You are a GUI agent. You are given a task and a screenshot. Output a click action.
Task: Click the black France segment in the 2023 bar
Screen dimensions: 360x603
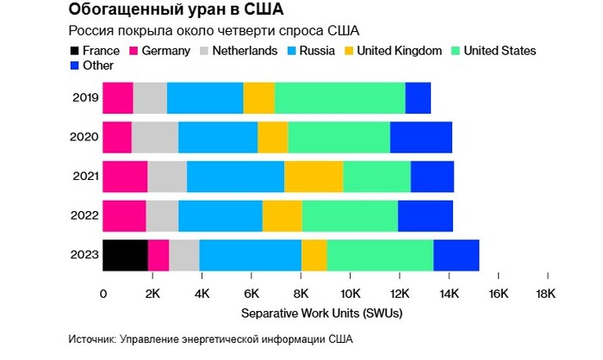pos(125,255)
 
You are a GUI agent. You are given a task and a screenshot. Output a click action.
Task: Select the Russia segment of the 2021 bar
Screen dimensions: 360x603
pos(235,177)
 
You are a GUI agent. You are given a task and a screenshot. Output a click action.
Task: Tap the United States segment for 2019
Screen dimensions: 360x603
pos(339,98)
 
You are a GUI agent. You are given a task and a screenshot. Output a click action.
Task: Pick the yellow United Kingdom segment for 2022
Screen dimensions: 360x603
pos(282,216)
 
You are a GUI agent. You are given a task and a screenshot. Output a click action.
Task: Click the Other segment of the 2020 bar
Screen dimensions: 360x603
pos(420,138)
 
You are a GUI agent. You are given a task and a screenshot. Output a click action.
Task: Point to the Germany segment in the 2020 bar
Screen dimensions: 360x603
pos(117,138)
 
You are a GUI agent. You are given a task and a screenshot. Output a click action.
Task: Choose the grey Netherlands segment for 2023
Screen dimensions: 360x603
pos(183,255)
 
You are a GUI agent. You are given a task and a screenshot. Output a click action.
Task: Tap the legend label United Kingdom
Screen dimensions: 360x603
pos(399,51)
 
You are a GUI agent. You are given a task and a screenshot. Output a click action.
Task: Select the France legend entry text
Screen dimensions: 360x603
pos(101,51)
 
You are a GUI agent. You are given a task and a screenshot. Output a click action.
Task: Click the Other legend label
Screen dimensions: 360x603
pos(100,66)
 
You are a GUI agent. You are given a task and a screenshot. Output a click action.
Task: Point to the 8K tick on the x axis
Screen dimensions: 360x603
pos(300,294)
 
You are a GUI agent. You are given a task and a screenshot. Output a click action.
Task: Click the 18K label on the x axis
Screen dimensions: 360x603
pos(546,294)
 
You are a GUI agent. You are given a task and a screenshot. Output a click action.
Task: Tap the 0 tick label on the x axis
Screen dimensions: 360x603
pos(103,294)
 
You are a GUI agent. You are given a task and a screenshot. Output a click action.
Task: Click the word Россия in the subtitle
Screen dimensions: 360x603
pos(90,32)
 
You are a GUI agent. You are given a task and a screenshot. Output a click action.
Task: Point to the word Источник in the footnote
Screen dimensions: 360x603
pos(92,338)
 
